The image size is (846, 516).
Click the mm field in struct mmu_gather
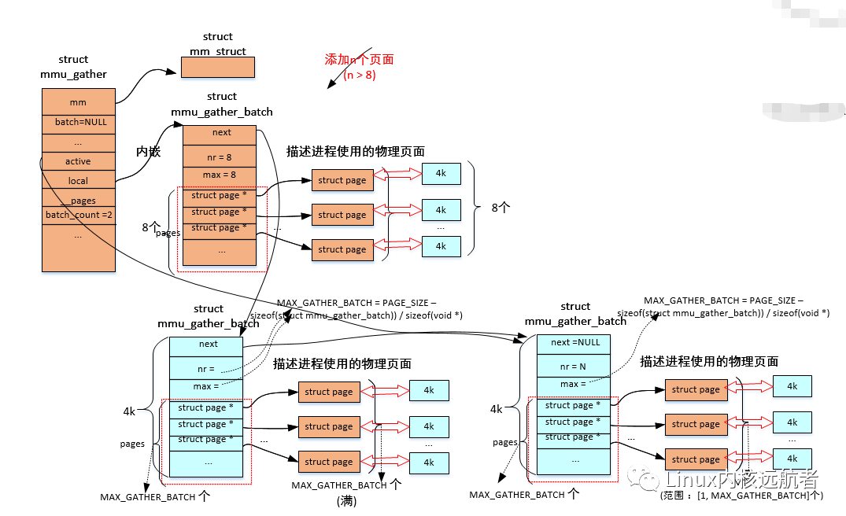pyautogui.click(x=78, y=102)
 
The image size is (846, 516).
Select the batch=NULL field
pyautogui.click(x=78, y=123)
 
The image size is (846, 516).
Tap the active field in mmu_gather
pyautogui.click(x=78, y=161)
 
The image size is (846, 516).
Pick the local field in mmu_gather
pyautogui.click(x=78, y=181)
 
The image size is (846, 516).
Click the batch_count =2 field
pyautogui.click(x=78, y=215)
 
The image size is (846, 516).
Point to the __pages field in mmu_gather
pyautogui.click(x=78, y=201)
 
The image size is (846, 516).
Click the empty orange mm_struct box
pyautogui.click(x=217, y=68)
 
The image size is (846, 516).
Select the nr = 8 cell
pyautogui.click(x=220, y=157)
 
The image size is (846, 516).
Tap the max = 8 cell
pyautogui.click(x=220, y=175)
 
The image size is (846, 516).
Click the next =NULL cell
pyautogui.click(x=574, y=343)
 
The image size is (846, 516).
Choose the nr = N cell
pyautogui.click(x=573, y=367)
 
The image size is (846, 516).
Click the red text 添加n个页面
pyautogui.click(x=359, y=60)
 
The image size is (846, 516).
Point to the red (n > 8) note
pyautogui.click(x=360, y=76)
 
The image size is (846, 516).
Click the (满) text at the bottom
pyautogui.click(x=346, y=501)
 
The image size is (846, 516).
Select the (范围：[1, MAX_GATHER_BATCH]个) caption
pyautogui.click(x=741, y=496)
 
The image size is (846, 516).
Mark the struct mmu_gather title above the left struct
pyautogui.click(x=73, y=67)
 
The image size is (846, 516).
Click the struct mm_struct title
pyautogui.click(x=217, y=44)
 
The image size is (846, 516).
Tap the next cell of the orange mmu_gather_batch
pyautogui.click(x=221, y=133)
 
